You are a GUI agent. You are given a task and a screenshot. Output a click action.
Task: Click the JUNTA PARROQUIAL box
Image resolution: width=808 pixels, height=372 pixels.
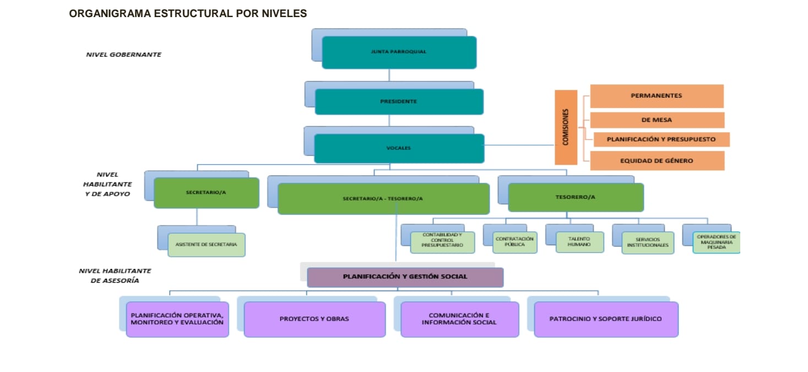[x=399, y=52]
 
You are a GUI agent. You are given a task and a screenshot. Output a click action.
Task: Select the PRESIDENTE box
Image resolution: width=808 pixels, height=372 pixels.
[x=399, y=102]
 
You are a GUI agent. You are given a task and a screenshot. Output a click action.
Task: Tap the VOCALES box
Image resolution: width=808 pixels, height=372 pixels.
[x=399, y=148]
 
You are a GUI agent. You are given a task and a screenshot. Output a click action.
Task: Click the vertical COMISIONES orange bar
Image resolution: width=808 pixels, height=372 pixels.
[x=566, y=127]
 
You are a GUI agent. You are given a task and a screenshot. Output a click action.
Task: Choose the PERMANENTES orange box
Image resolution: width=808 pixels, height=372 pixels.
[x=657, y=96]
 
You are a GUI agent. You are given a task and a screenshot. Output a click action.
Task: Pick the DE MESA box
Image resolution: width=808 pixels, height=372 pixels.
[x=657, y=120]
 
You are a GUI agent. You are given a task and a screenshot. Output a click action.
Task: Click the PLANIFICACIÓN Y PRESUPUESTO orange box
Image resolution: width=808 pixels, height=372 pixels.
[x=661, y=139]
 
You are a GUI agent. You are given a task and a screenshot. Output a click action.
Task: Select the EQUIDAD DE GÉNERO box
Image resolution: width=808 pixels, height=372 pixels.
[x=657, y=161]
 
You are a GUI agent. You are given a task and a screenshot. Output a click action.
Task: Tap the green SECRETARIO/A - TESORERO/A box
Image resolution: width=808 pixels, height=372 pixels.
[x=383, y=198]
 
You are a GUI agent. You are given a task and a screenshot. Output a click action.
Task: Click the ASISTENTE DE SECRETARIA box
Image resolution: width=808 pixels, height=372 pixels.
[x=207, y=245]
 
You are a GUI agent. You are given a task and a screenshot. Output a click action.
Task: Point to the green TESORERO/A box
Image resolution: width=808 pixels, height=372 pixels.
[x=576, y=197]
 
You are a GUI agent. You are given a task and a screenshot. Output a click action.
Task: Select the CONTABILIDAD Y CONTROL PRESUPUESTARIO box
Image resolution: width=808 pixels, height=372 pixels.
[x=442, y=242]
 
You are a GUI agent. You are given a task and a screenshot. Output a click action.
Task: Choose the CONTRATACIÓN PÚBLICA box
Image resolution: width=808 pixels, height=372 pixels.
[x=514, y=242]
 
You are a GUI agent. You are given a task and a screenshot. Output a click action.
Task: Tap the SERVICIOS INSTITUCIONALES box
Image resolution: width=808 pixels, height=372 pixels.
[x=648, y=242]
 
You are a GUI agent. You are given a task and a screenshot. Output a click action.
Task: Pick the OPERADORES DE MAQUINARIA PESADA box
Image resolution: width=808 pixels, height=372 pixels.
[x=716, y=242]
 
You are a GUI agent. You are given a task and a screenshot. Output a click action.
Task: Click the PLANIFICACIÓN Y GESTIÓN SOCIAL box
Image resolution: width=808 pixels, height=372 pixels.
[x=405, y=277]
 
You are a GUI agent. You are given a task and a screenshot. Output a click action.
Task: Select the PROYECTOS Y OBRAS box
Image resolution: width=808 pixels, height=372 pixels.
[x=314, y=319]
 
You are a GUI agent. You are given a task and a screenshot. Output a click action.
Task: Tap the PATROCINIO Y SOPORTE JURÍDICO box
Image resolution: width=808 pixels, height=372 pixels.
[x=606, y=319]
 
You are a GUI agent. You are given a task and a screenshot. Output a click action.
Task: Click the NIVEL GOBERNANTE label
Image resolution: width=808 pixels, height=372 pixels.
[x=123, y=55]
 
